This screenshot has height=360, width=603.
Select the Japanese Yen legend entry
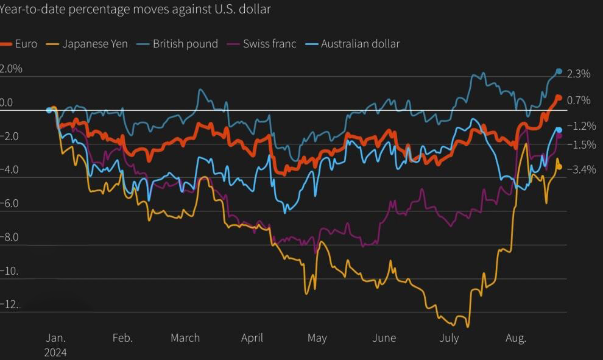pyautogui.click(x=86, y=44)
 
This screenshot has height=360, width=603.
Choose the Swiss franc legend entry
pyautogui.click(x=261, y=44)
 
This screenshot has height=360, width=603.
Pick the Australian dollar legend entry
pyautogui.click(x=352, y=44)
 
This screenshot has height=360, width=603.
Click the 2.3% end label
pyautogui.click(x=579, y=74)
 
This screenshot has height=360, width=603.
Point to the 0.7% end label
pyautogui.click(x=579, y=101)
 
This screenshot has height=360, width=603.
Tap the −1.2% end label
pyautogui.click(x=581, y=126)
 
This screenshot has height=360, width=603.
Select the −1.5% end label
pyautogui.click(x=581, y=145)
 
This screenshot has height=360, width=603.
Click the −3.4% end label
pyautogui.click(x=581, y=169)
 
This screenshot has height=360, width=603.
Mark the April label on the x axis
pyautogui.click(x=252, y=338)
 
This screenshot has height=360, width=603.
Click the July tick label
pyautogui.click(x=449, y=338)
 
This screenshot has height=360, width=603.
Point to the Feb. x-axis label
pyautogui.click(x=122, y=337)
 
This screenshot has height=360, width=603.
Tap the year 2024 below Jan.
pyautogui.click(x=55, y=353)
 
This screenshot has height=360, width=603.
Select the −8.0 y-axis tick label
pyautogui.click(x=9, y=238)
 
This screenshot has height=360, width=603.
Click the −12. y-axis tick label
pyautogui.click(x=9, y=305)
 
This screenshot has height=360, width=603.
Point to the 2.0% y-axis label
pyautogui.click(x=11, y=69)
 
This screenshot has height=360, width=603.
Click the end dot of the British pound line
pyautogui.click(x=559, y=71)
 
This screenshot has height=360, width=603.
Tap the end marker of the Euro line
pyautogui.click(x=559, y=97)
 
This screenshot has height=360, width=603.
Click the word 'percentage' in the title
pyautogui.click(x=100, y=9)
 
